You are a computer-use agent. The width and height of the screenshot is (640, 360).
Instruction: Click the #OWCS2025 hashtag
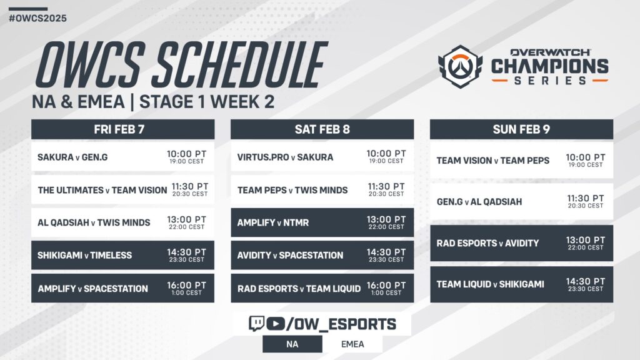point(37,18)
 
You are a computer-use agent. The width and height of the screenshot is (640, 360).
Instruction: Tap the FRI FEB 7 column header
point(122,129)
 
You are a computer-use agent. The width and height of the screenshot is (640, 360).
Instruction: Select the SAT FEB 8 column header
point(322,129)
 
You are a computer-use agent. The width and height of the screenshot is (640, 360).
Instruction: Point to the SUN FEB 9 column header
point(521,129)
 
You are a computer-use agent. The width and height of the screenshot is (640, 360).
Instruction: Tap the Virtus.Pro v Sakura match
point(285,157)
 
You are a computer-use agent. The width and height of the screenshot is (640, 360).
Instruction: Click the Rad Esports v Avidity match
point(487,243)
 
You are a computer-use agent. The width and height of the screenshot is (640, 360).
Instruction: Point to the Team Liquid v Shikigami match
point(490,284)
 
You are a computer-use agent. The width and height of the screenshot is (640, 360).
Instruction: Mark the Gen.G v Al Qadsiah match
point(479,202)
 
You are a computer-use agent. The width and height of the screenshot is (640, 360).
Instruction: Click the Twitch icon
point(256,324)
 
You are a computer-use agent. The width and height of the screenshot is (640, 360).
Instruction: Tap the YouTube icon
point(275,324)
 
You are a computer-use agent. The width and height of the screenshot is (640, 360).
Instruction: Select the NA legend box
point(292,344)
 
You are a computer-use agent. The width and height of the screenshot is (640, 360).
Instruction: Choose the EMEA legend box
point(352,344)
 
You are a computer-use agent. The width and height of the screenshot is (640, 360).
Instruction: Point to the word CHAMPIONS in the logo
point(549,66)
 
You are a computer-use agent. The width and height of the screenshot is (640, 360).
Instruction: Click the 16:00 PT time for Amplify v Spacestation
point(186,286)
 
